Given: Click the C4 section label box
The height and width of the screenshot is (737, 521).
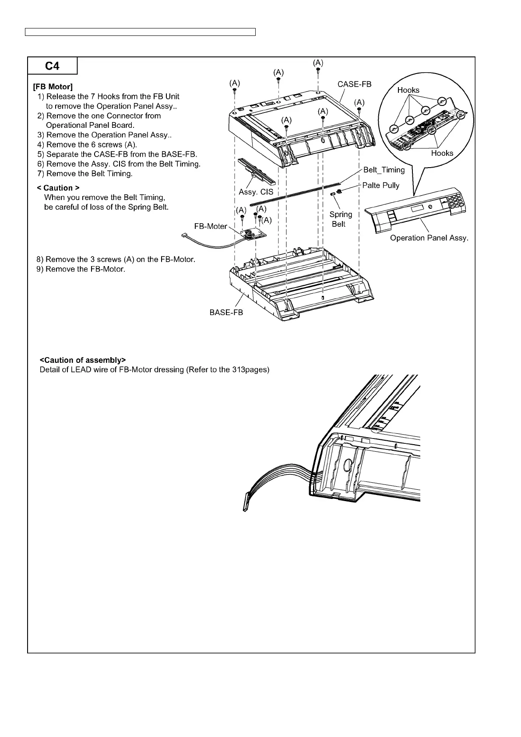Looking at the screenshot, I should click(x=52, y=67).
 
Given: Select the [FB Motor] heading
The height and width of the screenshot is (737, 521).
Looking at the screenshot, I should click(x=53, y=87).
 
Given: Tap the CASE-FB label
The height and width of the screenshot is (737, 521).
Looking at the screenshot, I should click(x=354, y=84).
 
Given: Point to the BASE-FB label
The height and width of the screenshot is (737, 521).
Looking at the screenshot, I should click(x=226, y=312).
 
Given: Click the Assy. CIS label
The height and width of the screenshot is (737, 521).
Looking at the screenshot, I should click(x=256, y=192).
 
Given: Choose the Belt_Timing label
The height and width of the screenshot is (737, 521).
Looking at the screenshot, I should click(x=384, y=170).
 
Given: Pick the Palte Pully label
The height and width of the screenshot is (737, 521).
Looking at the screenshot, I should click(x=381, y=185).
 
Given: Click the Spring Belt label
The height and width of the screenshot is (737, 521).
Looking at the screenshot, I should click(x=341, y=219).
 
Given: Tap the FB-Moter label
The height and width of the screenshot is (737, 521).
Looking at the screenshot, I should click(x=211, y=226).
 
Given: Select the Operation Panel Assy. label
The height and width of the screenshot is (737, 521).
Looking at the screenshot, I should click(x=429, y=238).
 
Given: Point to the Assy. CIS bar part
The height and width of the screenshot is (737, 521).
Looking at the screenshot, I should click(x=256, y=171).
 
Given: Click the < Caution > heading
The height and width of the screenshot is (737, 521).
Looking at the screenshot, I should click(x=59, y=188).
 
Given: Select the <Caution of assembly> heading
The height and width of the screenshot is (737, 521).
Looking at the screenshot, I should click(x=83, y=360).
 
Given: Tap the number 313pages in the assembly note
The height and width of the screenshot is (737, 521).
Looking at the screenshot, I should click(x=249, y=370).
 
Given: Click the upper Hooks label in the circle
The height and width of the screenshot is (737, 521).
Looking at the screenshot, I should click(x=408, y=90).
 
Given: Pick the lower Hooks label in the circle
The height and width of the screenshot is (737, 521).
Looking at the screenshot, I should click(x=442, y=153).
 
